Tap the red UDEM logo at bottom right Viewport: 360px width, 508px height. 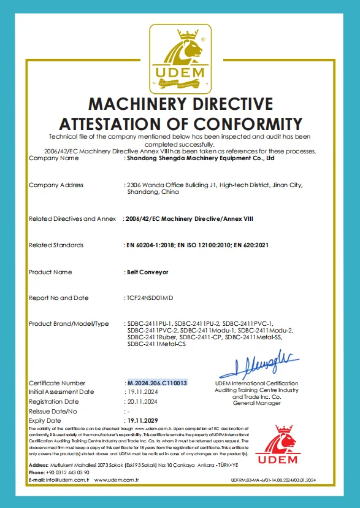(275, 445)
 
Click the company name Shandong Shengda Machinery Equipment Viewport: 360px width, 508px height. (199, 158)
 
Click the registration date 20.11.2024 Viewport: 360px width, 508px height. (143, 401)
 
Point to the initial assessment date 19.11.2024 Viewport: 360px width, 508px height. (143, 391)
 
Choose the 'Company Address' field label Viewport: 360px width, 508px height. (56, 185)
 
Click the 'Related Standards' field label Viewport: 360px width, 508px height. (56, 245)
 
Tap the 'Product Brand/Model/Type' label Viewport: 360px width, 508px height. (69, 323)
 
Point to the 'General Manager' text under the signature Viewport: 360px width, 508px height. (256, 402)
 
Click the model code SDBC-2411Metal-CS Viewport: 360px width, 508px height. (156, 344)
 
